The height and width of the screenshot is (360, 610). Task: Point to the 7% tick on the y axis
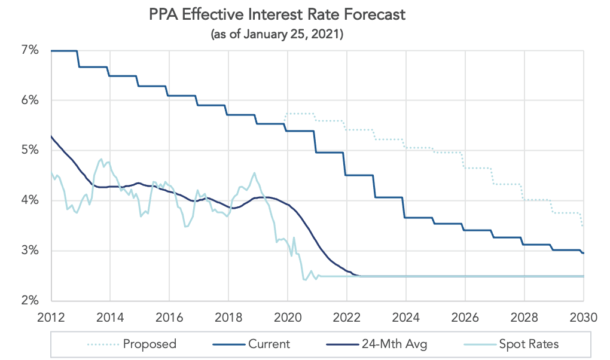pos(30,51)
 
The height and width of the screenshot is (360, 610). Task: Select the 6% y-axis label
pos(30,100)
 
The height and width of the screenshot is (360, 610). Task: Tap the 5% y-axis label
pos(30,151)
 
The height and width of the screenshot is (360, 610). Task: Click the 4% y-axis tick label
pos(30,200)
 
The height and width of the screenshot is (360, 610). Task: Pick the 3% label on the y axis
pos(30,251)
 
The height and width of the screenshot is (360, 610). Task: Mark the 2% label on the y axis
pos(30,300)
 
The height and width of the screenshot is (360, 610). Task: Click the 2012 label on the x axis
pos(51,316)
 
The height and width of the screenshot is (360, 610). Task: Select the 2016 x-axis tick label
pos(169,316)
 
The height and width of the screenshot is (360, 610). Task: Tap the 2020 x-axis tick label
pos(288,316)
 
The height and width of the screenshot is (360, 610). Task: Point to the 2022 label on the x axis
pos(347,316)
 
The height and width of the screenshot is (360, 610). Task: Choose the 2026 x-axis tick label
pos(465,316)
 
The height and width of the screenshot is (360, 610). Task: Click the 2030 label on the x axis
pos(583,316)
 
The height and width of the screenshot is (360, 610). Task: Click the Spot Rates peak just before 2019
pos(255,173)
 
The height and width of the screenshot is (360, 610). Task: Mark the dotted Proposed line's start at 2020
pos(287,114)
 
